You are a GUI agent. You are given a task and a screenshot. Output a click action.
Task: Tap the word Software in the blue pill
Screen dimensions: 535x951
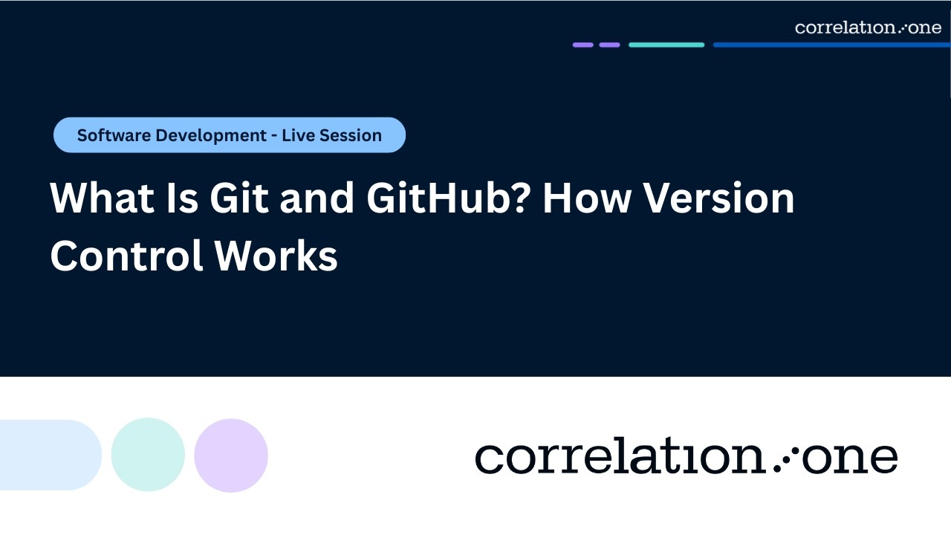pyautogui.click(x=112, y=136)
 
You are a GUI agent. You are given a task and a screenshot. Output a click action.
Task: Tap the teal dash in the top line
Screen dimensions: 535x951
pyautogui.click(x=666, y=45)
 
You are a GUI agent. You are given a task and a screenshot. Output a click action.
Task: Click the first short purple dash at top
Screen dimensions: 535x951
pyautogui.click(x=583, y=45)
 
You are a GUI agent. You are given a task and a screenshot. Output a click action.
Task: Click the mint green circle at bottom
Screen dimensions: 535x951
pyautogui.click(x=148, y=454)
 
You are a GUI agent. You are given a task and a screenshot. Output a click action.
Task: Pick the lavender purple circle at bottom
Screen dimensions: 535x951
pyautogui.click(x=231, y=455)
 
